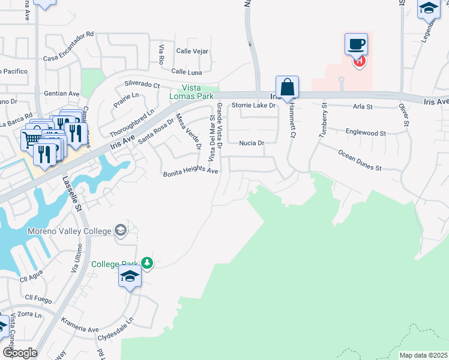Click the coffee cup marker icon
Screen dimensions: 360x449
[x=356, y=44]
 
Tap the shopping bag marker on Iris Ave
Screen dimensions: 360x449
[x=288, y=86]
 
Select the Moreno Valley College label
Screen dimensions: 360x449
[x=69, y=231]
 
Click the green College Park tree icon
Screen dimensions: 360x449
[x=147, y=263]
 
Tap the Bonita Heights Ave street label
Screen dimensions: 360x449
[x=191, y=173]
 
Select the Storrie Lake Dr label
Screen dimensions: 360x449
[x=253, y=106]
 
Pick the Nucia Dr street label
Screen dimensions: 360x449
[x=252, y=143]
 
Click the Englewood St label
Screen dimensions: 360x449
[x=366, y=133]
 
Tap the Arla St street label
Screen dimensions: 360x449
[x=363, y=107]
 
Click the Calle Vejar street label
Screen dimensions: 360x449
[x=192, y=52]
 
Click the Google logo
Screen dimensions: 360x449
[x=19, y=352]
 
